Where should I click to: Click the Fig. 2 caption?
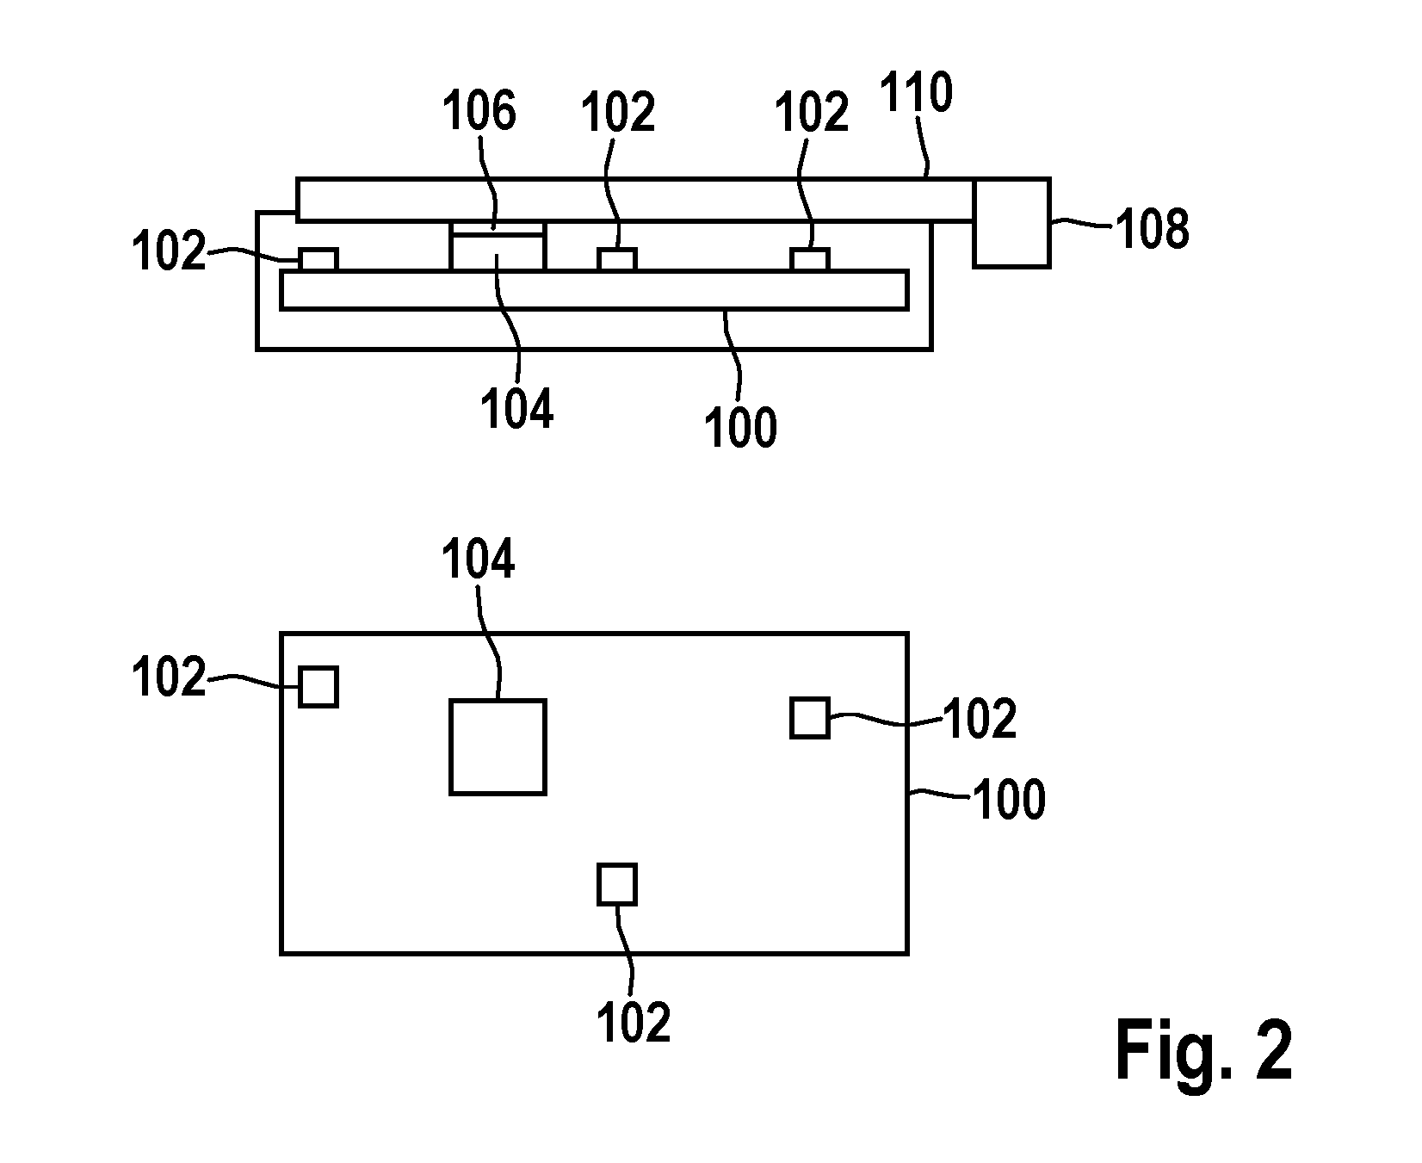1203,1051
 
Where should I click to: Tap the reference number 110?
916,96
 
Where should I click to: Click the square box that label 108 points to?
1011,223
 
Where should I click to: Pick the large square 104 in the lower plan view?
498,746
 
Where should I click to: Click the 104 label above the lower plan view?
479,560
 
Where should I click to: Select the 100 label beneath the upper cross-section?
740,427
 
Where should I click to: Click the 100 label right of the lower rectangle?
1009,799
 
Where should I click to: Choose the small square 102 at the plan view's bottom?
617,884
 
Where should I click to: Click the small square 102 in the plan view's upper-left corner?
318,687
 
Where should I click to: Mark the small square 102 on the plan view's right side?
810,718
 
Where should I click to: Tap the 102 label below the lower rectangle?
634,1022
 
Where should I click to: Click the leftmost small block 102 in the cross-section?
318,259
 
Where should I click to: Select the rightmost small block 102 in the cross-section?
810,259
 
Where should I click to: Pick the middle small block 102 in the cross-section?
617,259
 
